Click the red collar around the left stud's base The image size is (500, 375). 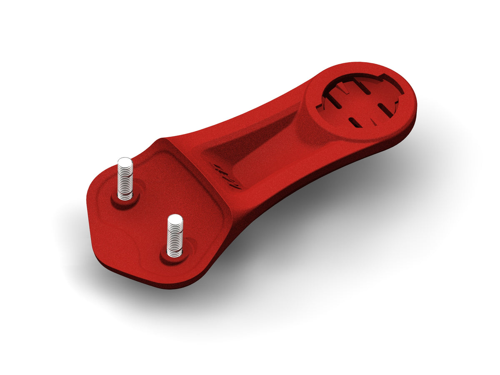click(125, 202)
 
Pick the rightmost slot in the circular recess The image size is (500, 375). click(385, 111)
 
